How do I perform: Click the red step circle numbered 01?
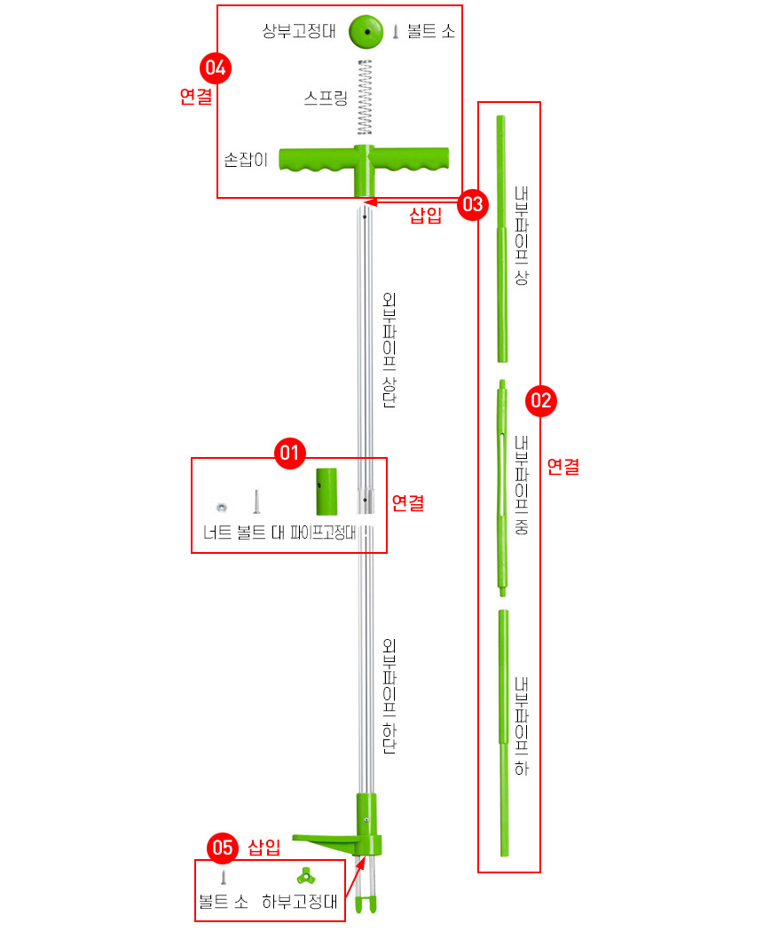click(290, 453)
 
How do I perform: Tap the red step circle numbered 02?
click(541, 401)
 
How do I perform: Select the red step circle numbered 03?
click(473, 205)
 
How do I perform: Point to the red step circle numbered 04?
click(216, 67)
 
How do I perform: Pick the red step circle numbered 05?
click(223, 848)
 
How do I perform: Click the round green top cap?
click(366, 32)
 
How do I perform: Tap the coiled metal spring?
click(365, 98)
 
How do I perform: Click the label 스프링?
click(326, 98)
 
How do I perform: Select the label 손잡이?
click(246, 160)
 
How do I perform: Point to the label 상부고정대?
click(299, 31)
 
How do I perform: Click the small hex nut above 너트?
click(222, 507)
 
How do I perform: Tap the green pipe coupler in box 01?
click(326, 491)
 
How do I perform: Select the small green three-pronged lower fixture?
click(306, 876)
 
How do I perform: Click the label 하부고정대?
click(299, 902)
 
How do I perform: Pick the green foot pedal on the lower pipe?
click(329, 842)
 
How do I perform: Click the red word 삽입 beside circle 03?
click(426, 216)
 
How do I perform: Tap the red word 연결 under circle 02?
click(563, 466)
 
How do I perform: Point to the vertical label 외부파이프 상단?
click(389, 350)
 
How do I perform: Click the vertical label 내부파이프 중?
click(521, 485)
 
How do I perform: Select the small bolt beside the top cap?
click(396, 31)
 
